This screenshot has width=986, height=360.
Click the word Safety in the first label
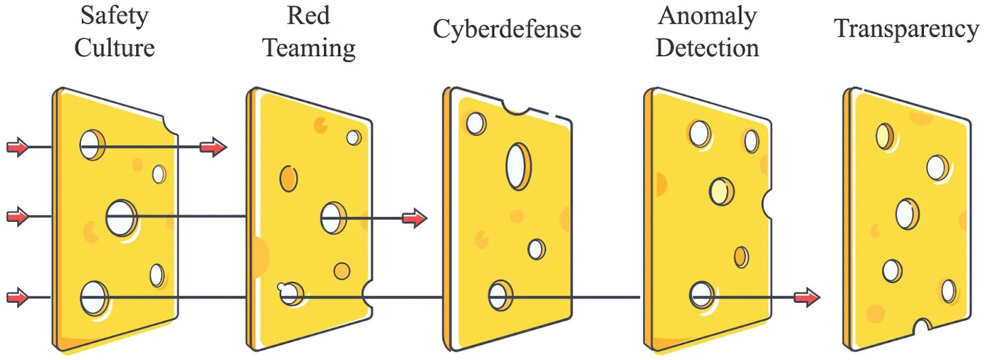(x=115, y=16)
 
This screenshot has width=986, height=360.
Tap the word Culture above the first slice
(x=115, y=48)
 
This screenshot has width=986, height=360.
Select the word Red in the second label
(x=308, y=16)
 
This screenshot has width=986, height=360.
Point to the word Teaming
(x=309, y=48)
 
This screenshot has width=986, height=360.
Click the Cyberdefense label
(x=507, y=29)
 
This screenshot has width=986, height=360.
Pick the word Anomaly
(x=707, y=16)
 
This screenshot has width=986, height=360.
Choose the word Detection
(x=707, y=48)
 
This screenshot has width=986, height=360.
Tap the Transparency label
(x=906, y=29)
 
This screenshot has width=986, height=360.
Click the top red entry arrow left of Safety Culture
(x=18, y=147)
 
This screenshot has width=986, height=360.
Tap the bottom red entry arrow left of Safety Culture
(x=18, y=298)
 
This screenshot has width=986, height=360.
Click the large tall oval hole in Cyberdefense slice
(x=518, y=166)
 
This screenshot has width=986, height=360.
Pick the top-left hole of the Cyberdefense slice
(x=475, y=123)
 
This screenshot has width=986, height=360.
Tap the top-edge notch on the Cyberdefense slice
(x=516, y=108)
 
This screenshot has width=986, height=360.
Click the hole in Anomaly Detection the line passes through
(x=701, y=295)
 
